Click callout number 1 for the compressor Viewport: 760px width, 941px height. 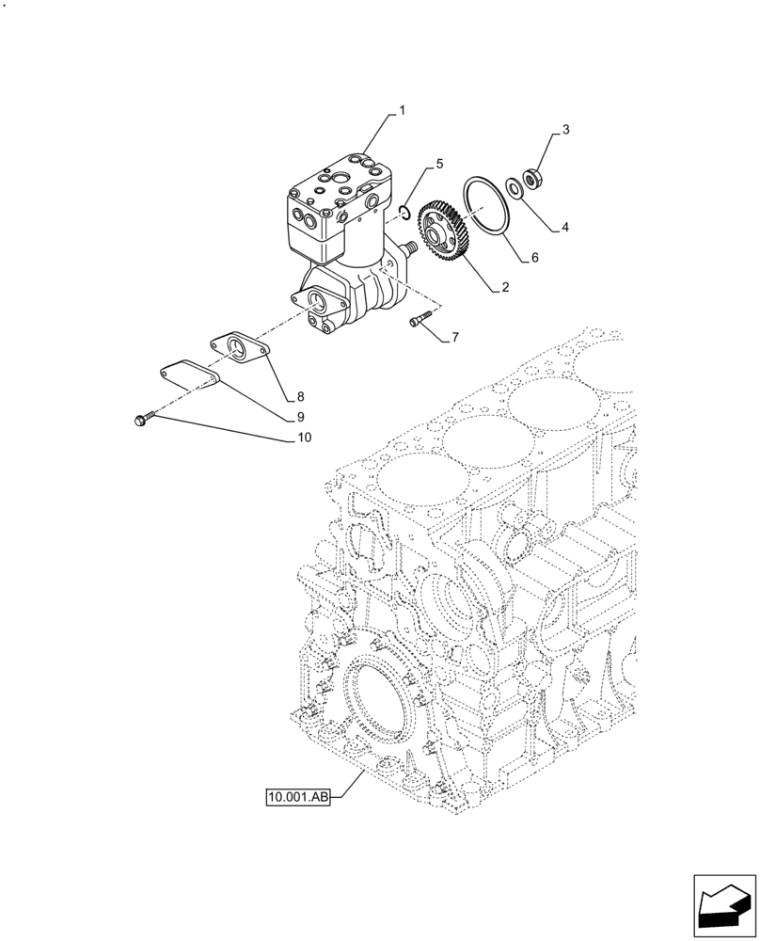pyautogui.click(x=402, y=110)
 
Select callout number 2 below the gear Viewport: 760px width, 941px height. pyautogui.click(x=505, y=288)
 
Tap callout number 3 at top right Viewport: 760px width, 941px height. pyautogui.click(x=566, y=129)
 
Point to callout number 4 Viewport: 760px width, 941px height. pyautogui.click(x=565, y=226)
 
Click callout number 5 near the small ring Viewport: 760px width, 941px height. pyautogui.click(x=438, y=166)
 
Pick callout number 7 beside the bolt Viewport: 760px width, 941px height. pyautogui.click(x=455, y=337)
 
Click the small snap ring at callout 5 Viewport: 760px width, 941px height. pyautogui.click(x=403, y=212)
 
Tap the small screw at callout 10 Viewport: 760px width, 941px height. pyautogui.click(x=142, y=420)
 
